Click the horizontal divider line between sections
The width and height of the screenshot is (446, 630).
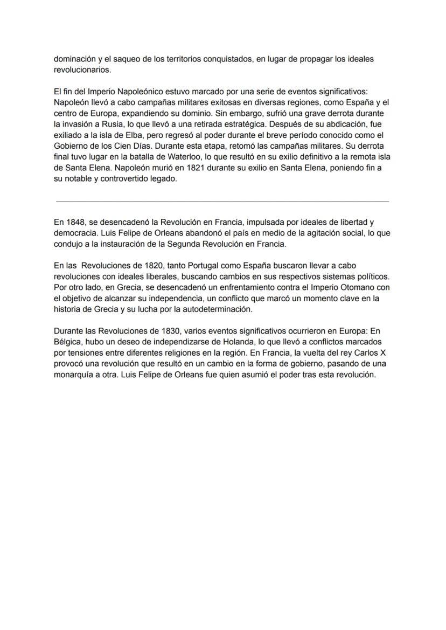[222, 202]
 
